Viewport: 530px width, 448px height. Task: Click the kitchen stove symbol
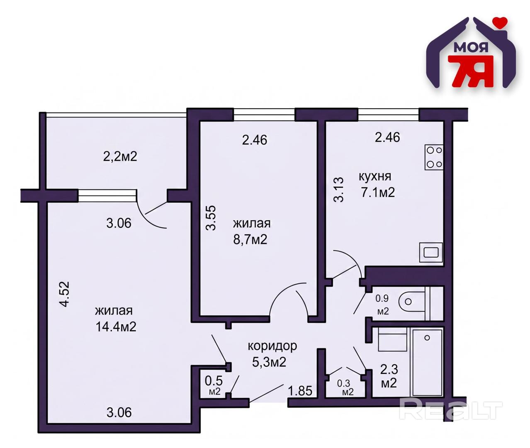pyautogui.click(x=434, y=157)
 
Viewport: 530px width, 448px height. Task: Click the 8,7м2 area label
pyautogui.click(x=250, y=239)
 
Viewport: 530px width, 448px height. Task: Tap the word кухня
pyautogui.click(x=375, y=176)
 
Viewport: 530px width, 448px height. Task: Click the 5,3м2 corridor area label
pyautogui.click(x=269, y=363)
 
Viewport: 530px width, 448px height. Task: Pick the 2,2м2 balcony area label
pyautogui.click(x=120, y=156)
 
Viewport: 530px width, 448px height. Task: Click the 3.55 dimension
pyautogui.click(x=211, y=218)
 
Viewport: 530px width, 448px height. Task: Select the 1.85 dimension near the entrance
pyautogui.click(x=300, y=391)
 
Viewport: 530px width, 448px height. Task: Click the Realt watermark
pyautogui.click(x=450, y=411)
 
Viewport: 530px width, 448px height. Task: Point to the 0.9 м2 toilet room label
pyautogui.click(x=383, y=305)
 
